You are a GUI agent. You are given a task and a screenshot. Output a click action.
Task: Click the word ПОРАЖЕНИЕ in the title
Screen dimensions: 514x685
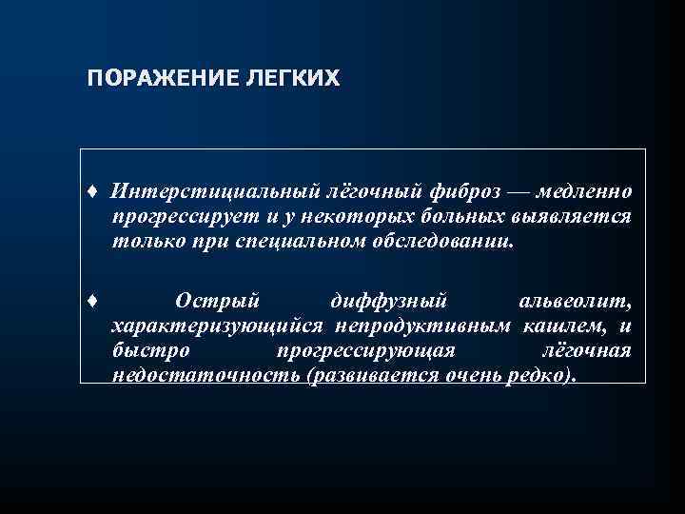tap(148, 77)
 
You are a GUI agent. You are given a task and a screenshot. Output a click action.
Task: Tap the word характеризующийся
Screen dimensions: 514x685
tap(203, 328)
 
